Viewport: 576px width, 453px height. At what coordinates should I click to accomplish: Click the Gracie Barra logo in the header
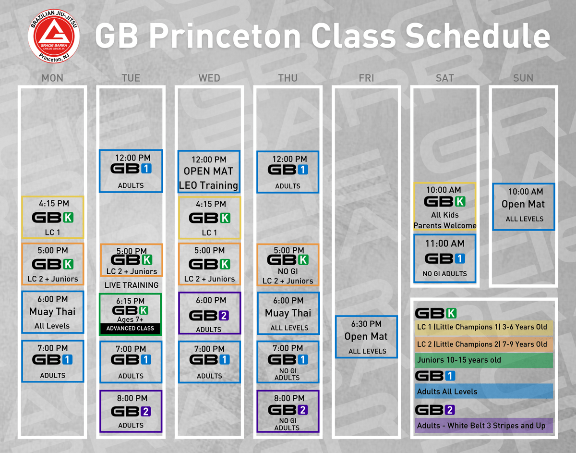coord(54,37)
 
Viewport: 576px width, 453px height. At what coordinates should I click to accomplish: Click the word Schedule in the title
coord(478,36)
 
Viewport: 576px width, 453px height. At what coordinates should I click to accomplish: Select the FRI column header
coord(366,78)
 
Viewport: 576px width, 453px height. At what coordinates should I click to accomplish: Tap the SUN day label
coord(523,78)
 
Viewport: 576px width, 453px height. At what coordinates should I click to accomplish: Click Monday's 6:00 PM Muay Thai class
coord(53,312)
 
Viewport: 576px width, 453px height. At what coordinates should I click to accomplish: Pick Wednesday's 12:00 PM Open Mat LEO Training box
coord(209,171)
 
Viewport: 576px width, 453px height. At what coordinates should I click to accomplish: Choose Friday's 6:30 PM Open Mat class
coord(366,337)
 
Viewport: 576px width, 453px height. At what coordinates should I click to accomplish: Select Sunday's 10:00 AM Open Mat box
coord(524,207)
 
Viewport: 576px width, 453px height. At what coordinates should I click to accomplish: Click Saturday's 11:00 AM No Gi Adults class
coord(445,258)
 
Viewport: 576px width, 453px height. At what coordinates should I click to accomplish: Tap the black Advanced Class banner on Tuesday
coord(130,329)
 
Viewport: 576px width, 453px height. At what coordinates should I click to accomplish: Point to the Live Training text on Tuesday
coord(132,285)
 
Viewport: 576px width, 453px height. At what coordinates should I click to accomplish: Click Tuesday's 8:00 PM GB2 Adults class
coord(131,411)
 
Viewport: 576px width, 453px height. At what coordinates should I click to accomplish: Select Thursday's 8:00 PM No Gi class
coord(288,411)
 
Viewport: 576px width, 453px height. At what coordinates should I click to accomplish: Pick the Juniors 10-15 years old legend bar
coord(484,360)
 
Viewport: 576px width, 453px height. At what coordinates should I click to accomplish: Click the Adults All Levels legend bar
coord(484,391)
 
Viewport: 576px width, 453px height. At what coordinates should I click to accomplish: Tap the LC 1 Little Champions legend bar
coord(484,328)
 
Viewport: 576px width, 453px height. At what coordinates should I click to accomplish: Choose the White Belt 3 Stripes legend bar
coord(484,425)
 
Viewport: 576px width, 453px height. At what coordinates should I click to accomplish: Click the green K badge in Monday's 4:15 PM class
coord(68,218)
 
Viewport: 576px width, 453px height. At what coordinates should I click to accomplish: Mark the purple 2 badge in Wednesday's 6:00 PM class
coord(224,316)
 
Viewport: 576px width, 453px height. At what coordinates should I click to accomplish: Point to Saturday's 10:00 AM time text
coord(444,190)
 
